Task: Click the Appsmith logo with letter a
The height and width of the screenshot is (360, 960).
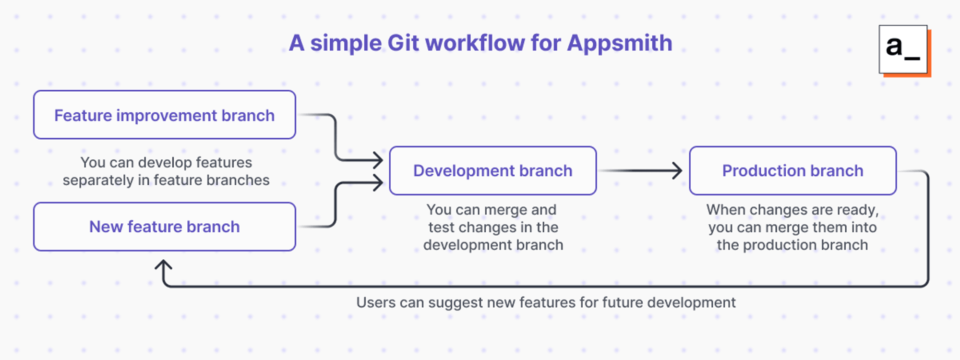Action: [903, 49]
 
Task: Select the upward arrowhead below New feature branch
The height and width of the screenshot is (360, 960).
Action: [164, 265]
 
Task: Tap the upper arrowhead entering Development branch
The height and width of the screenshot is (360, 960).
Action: [378, 159]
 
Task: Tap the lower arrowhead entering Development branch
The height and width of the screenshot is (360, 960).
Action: [378, 182]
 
